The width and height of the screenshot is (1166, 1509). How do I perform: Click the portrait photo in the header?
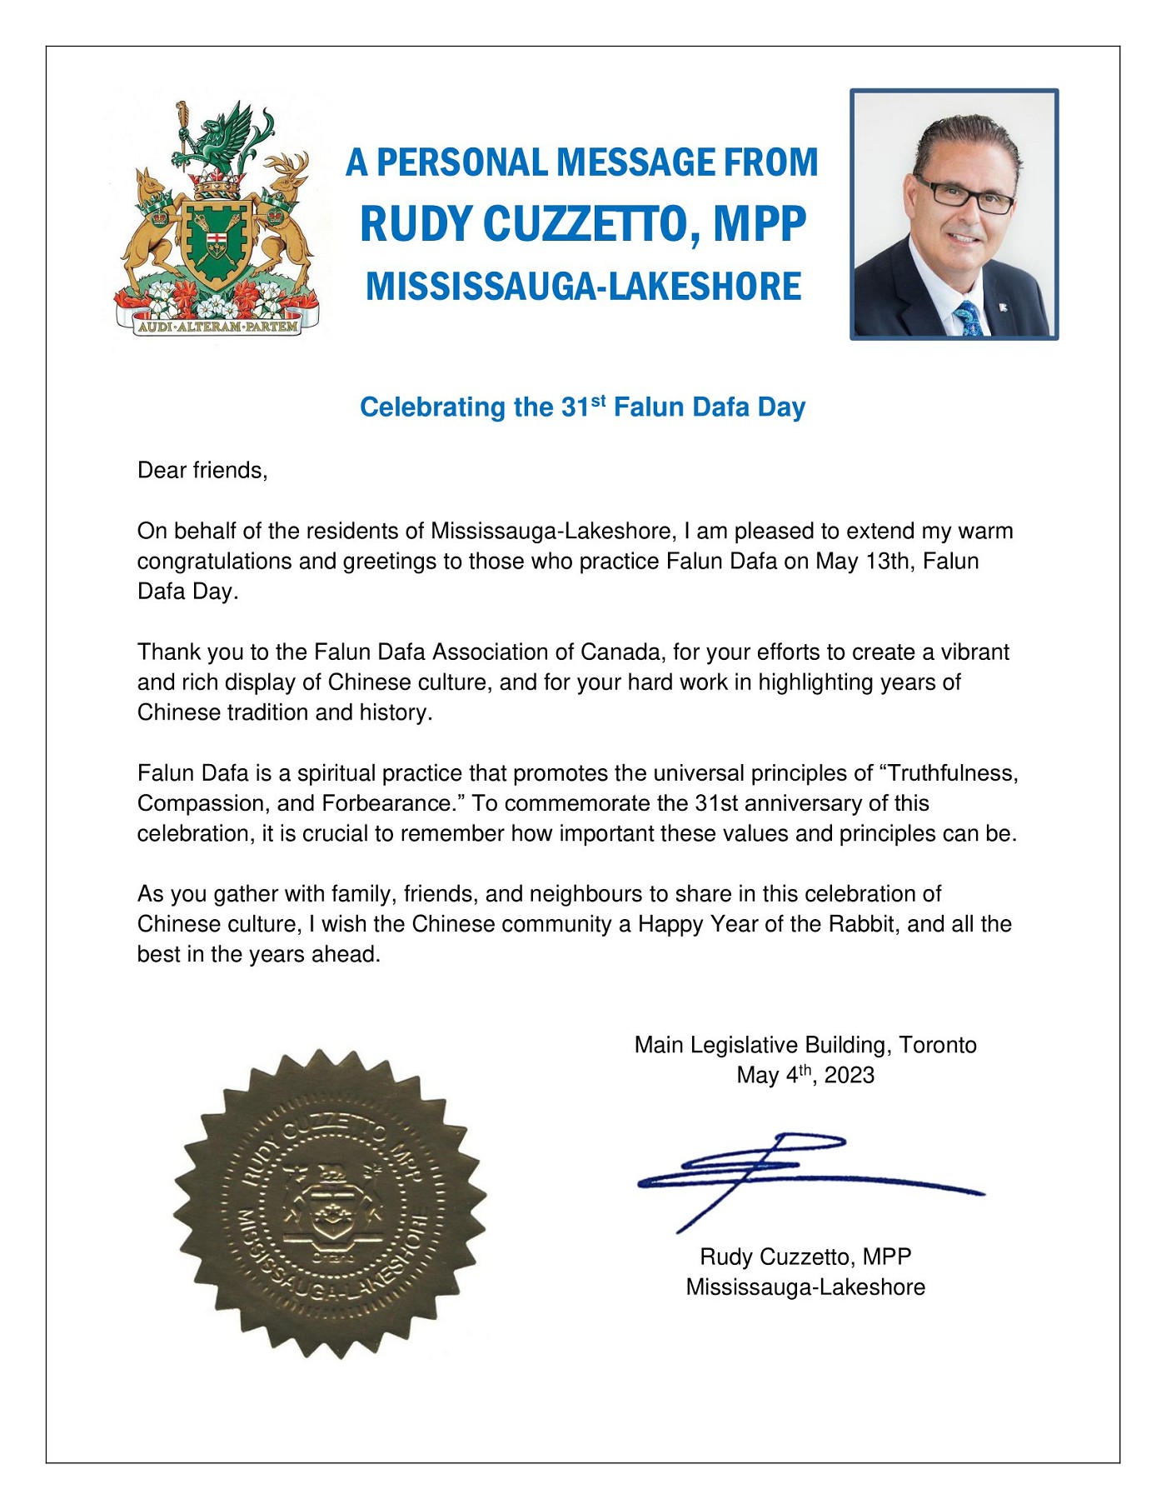[954, 214]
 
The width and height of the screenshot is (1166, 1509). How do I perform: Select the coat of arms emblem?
[217, 218]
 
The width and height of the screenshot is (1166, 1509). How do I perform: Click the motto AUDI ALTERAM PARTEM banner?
[217, 327]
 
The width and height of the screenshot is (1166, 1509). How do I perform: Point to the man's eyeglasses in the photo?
[964, 195]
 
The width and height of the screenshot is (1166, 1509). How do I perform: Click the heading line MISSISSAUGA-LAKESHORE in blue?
[583, 287]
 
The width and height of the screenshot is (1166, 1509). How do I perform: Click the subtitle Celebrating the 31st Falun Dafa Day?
[583, 407]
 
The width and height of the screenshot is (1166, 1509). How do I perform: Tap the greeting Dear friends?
[202, 471]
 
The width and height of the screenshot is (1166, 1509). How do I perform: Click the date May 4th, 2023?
[805, 1075]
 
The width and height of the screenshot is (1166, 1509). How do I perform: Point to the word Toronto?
[938, 1045]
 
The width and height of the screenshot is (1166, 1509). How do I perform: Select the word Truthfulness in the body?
[953, 773]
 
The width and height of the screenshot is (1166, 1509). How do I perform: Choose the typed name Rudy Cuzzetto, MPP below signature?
[805, 1257]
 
